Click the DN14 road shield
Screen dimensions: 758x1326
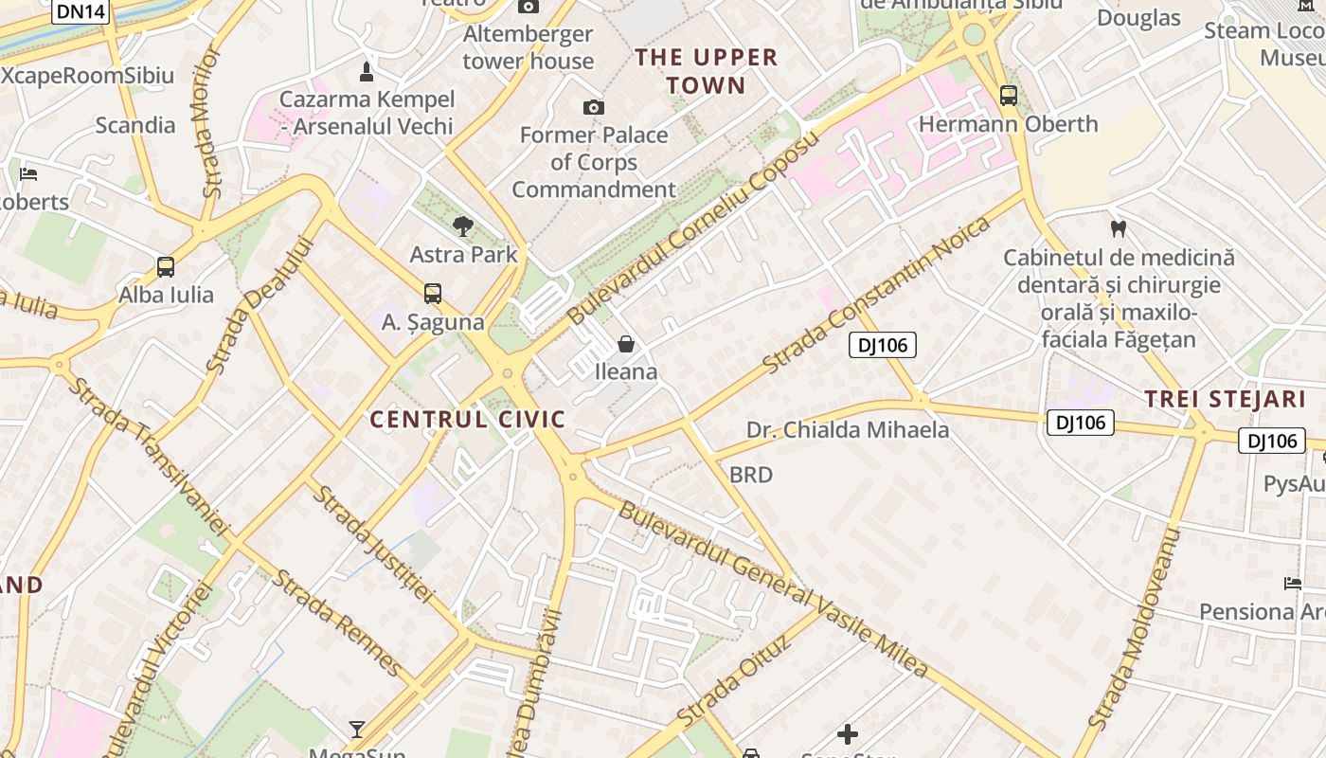(x=81, y=11)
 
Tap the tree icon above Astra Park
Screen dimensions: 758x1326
(x=463, y=226)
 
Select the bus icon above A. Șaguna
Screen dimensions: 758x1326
(x=433, y=294)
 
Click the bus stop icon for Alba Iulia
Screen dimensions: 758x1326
(x=166, y=267)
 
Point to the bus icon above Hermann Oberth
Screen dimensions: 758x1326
(x=1009, y=96)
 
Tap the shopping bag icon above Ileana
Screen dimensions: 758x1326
(x=625, y=343)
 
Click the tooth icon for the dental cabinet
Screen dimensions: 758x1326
(x=1119, y=228)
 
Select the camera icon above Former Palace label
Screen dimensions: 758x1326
(x=594, y=107)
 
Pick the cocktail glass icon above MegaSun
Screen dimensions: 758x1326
(x=357, y=729)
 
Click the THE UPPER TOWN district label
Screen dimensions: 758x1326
(x=707, y=71)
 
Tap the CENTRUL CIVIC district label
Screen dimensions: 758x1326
(x=468, y=419)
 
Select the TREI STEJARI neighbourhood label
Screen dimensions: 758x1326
(x=1225, y=399)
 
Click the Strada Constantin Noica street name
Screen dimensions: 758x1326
(x=876, y=294)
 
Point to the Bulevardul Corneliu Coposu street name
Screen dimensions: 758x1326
(x=691, y=229)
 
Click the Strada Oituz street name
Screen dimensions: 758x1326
(x=734, y=683)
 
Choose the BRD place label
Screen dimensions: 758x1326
(x=751, y=475)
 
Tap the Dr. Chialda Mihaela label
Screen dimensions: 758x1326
(x=848, y=430)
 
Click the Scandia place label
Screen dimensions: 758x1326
(x=135, y=125)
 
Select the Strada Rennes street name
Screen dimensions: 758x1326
(x=337, y=622)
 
